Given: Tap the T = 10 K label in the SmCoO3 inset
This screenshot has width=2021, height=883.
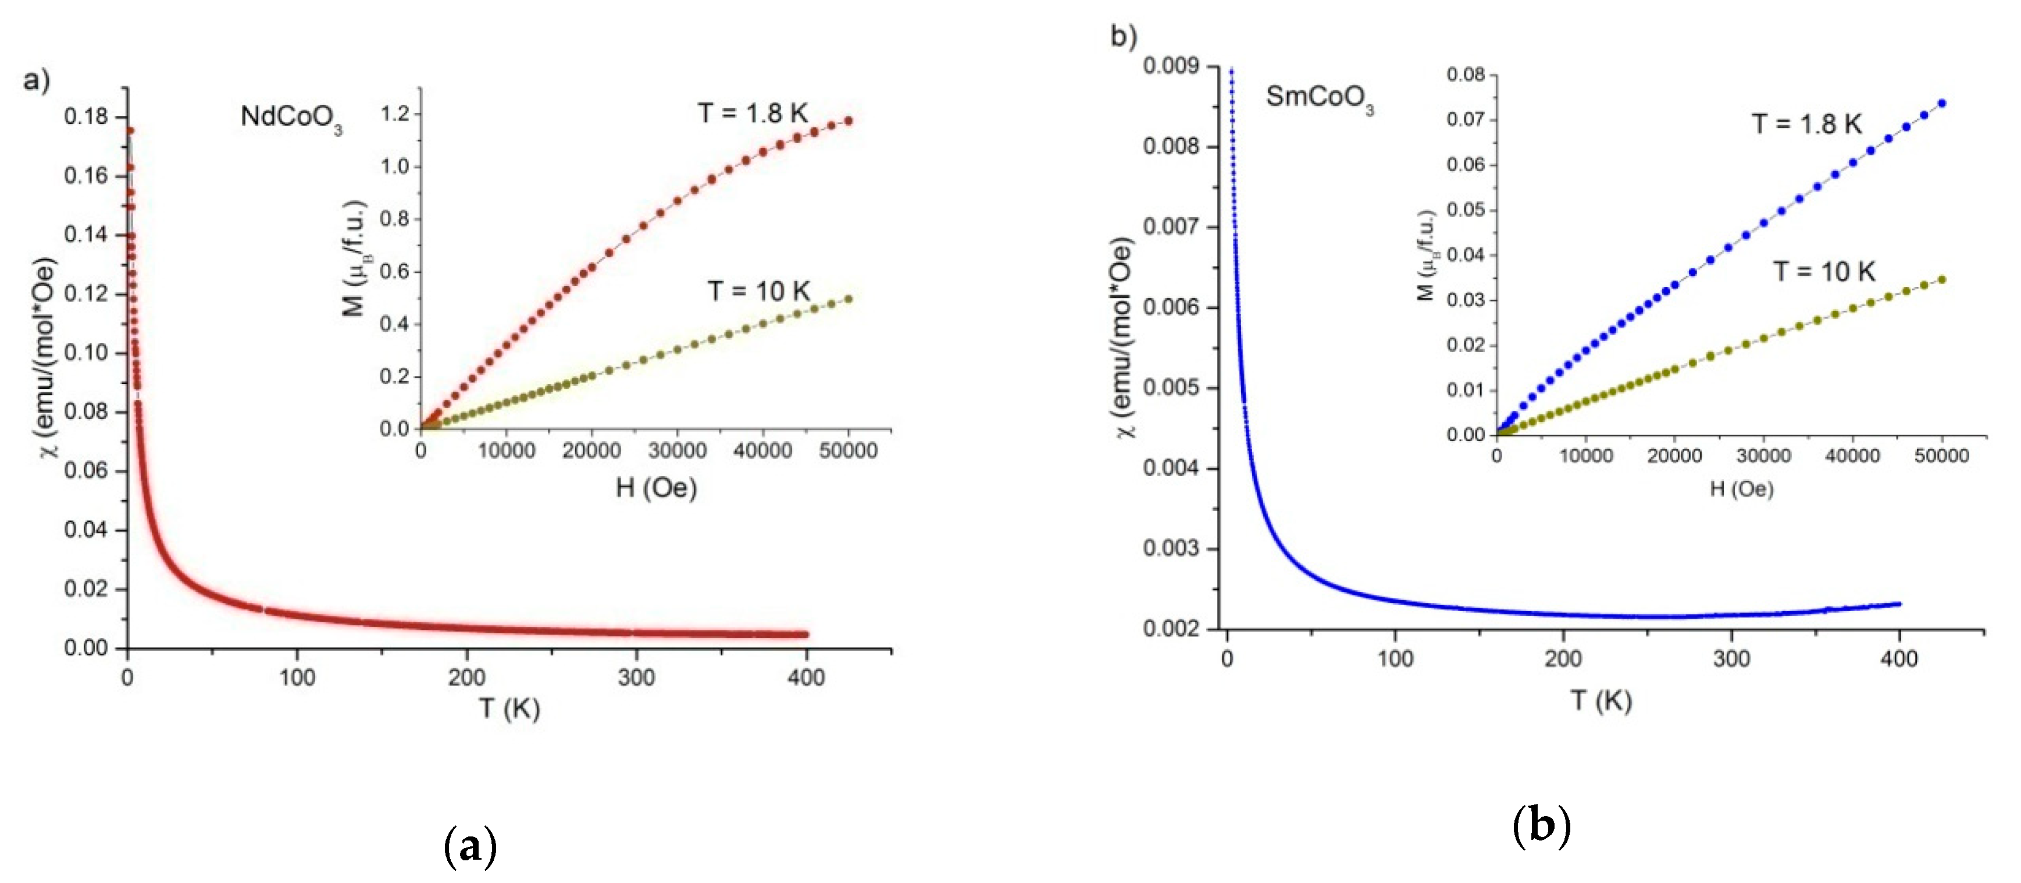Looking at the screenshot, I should [1824, 272].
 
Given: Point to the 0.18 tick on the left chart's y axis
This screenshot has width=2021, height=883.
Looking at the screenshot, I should [85, 118].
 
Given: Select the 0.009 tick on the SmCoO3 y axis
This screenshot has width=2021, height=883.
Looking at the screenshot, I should [1171, 66].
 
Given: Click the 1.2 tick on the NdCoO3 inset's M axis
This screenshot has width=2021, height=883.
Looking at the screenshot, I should [395, 115].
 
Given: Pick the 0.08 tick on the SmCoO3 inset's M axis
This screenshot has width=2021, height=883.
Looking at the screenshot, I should [1466, 75].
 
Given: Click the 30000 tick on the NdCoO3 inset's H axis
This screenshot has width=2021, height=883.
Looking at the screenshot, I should [677, 451].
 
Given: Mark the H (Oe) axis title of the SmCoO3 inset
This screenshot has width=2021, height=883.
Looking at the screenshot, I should [1741, 489].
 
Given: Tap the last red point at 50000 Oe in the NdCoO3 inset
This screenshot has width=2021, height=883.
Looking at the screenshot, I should [848, 121].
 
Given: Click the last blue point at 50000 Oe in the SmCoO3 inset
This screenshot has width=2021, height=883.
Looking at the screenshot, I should [1942, 104].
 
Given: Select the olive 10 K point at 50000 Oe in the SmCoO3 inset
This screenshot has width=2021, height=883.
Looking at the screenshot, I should [1942, 279].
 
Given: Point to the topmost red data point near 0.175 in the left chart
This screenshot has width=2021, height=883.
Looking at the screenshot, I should [130, 131].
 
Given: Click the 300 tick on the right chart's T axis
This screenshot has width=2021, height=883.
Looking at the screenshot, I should [1731, 658].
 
